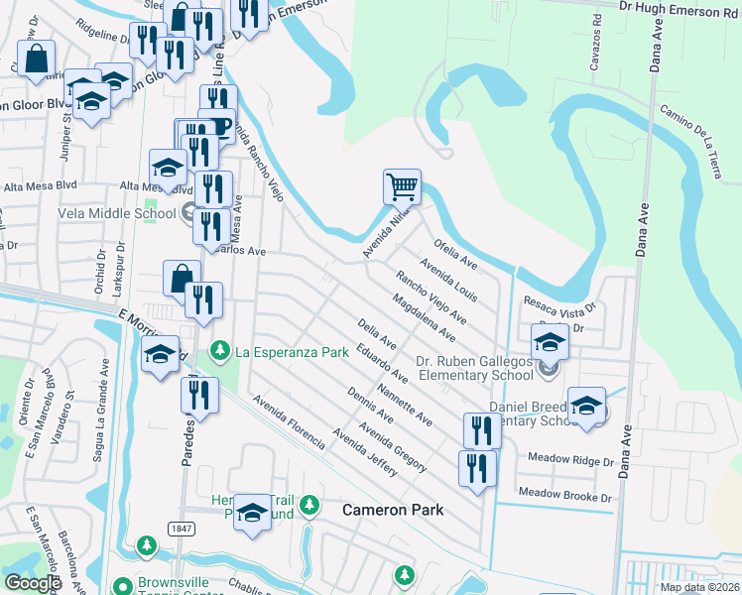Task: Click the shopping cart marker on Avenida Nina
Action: [402, 185]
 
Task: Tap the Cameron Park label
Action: [393, 510]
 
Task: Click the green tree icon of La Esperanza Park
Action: [220, 350]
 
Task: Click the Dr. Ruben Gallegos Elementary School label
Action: [475, 368]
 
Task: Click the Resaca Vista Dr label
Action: [558, 310]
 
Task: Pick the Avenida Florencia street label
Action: [289, 422]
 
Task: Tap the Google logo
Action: [33, 583]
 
